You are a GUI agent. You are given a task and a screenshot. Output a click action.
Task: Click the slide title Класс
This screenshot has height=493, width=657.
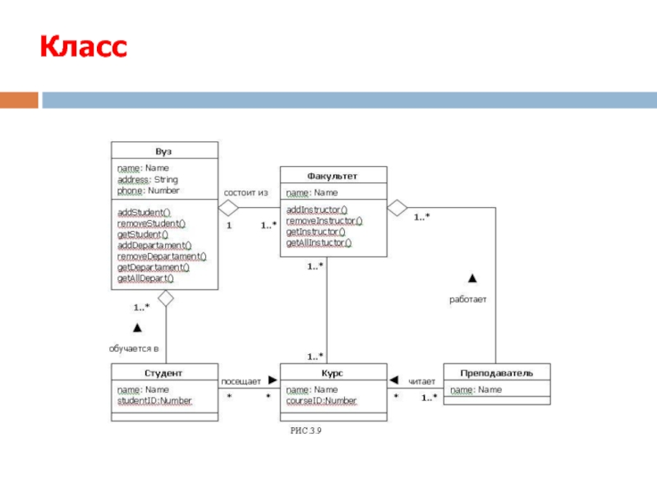pos(84,47)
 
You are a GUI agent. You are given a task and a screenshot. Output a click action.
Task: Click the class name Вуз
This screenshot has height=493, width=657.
pos(164,151)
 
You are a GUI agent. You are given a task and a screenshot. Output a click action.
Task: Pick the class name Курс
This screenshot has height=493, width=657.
pos(333,373)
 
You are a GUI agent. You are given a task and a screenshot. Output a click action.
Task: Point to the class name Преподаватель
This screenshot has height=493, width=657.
pos(496,373)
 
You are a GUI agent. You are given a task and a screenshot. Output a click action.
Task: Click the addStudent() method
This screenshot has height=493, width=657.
pos(144,212)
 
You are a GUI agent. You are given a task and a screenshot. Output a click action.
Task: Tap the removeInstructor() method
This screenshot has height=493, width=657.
pos(324,221)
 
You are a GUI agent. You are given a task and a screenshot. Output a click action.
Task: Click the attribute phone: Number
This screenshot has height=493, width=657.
pos(148,191)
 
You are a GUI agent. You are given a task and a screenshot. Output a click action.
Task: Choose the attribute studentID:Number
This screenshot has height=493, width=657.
pos(154,401)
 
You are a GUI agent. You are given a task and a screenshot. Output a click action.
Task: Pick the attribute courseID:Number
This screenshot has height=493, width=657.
pos(322,401)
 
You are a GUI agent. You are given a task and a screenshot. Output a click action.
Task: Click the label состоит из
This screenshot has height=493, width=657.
pos(246,193)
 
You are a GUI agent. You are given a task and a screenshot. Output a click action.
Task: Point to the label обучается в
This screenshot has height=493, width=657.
pos(134,348)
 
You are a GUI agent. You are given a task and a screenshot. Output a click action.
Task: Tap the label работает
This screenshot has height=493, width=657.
pos(467,300)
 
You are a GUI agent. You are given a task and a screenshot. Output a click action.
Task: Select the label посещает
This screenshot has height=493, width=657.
pos(241,381)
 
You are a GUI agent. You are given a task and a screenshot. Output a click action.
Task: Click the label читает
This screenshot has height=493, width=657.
pos(422,381)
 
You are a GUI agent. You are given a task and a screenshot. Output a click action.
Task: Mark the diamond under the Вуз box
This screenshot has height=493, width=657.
pos(167,297)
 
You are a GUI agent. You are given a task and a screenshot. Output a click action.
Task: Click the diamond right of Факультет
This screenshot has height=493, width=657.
pos(397,208)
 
